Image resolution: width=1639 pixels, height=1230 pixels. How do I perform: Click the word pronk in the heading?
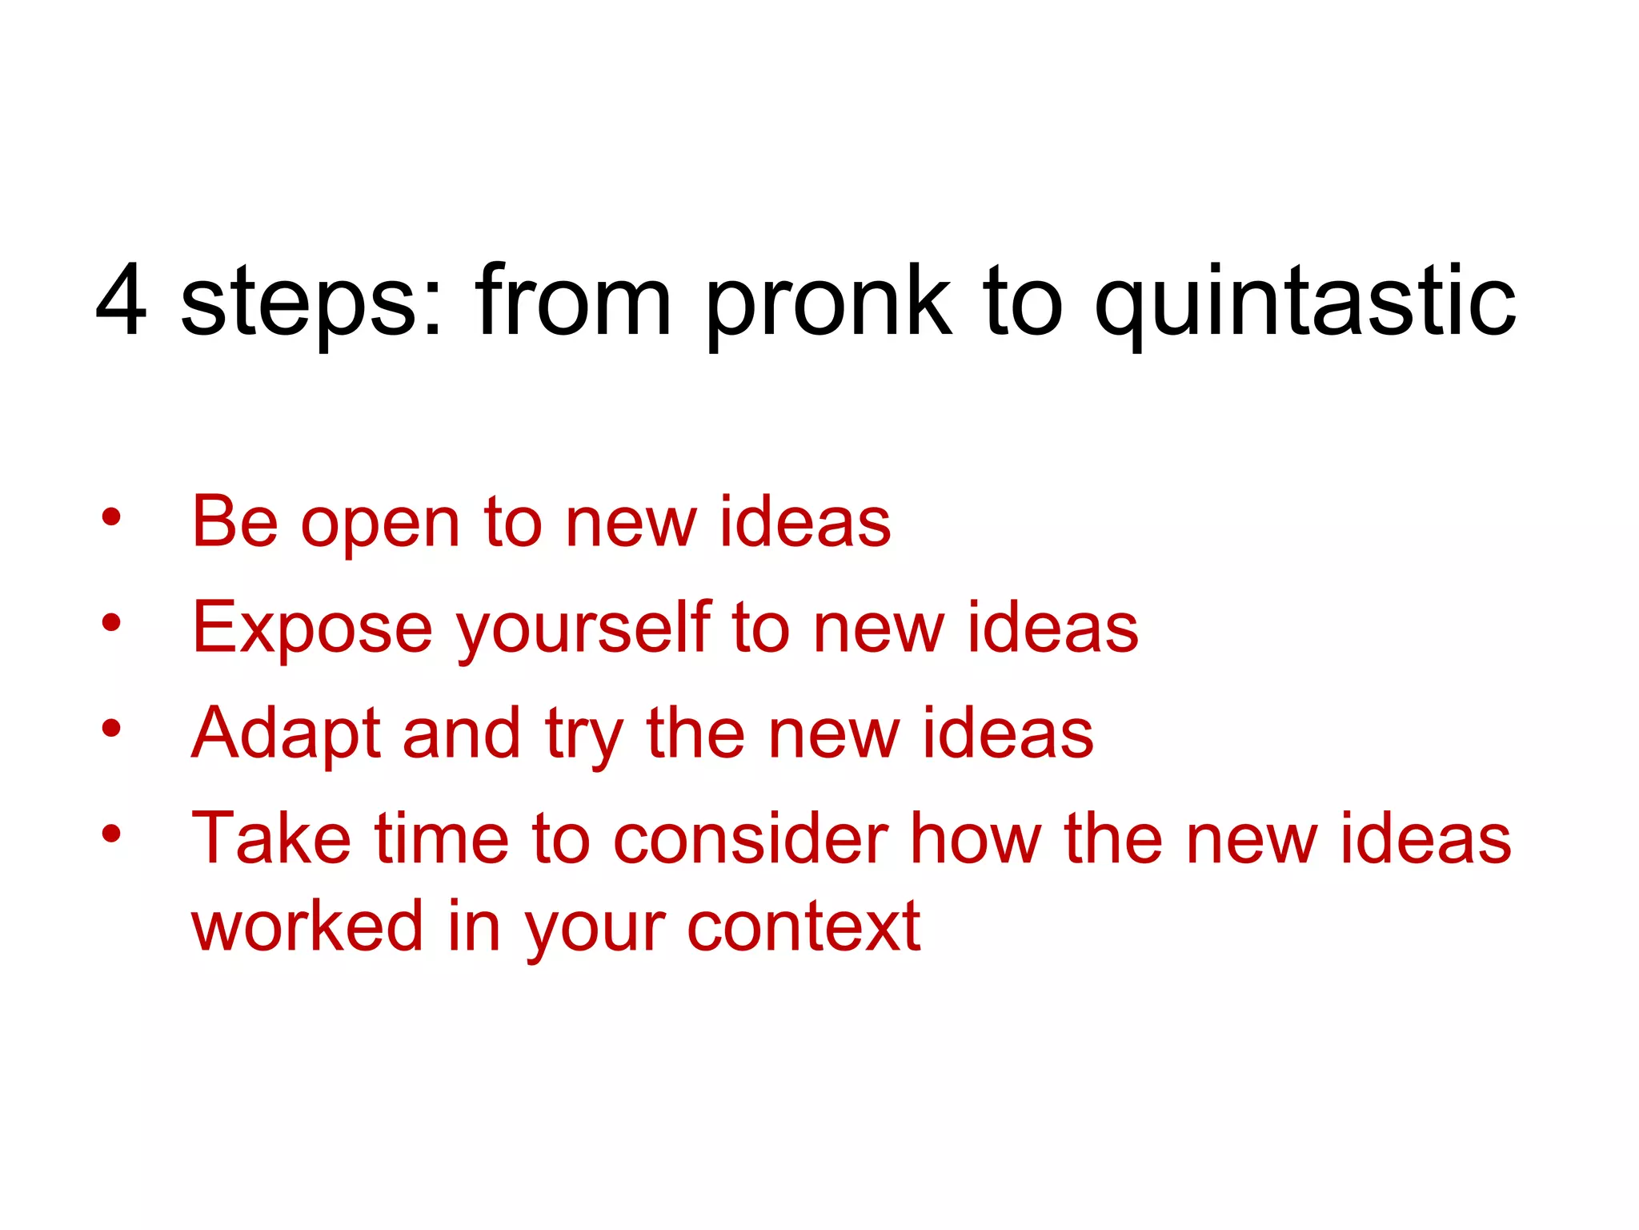click(828, 305)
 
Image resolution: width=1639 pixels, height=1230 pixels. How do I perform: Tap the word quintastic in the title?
click(1304, 305)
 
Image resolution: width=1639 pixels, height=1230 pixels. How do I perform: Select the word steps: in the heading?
click(311, 305)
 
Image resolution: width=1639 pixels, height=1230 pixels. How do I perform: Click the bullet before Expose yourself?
click(111, 622)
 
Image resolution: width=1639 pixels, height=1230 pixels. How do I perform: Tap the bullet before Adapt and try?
click(111, 729)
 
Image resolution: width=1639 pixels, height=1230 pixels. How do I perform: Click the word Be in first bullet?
click(234, 522)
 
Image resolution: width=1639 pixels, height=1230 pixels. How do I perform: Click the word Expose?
click(312, 629)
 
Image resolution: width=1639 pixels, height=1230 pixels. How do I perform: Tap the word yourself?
click(583, 629)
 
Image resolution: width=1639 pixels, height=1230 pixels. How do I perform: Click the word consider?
click(751, 839)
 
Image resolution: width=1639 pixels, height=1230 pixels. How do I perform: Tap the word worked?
click(307, 927)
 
